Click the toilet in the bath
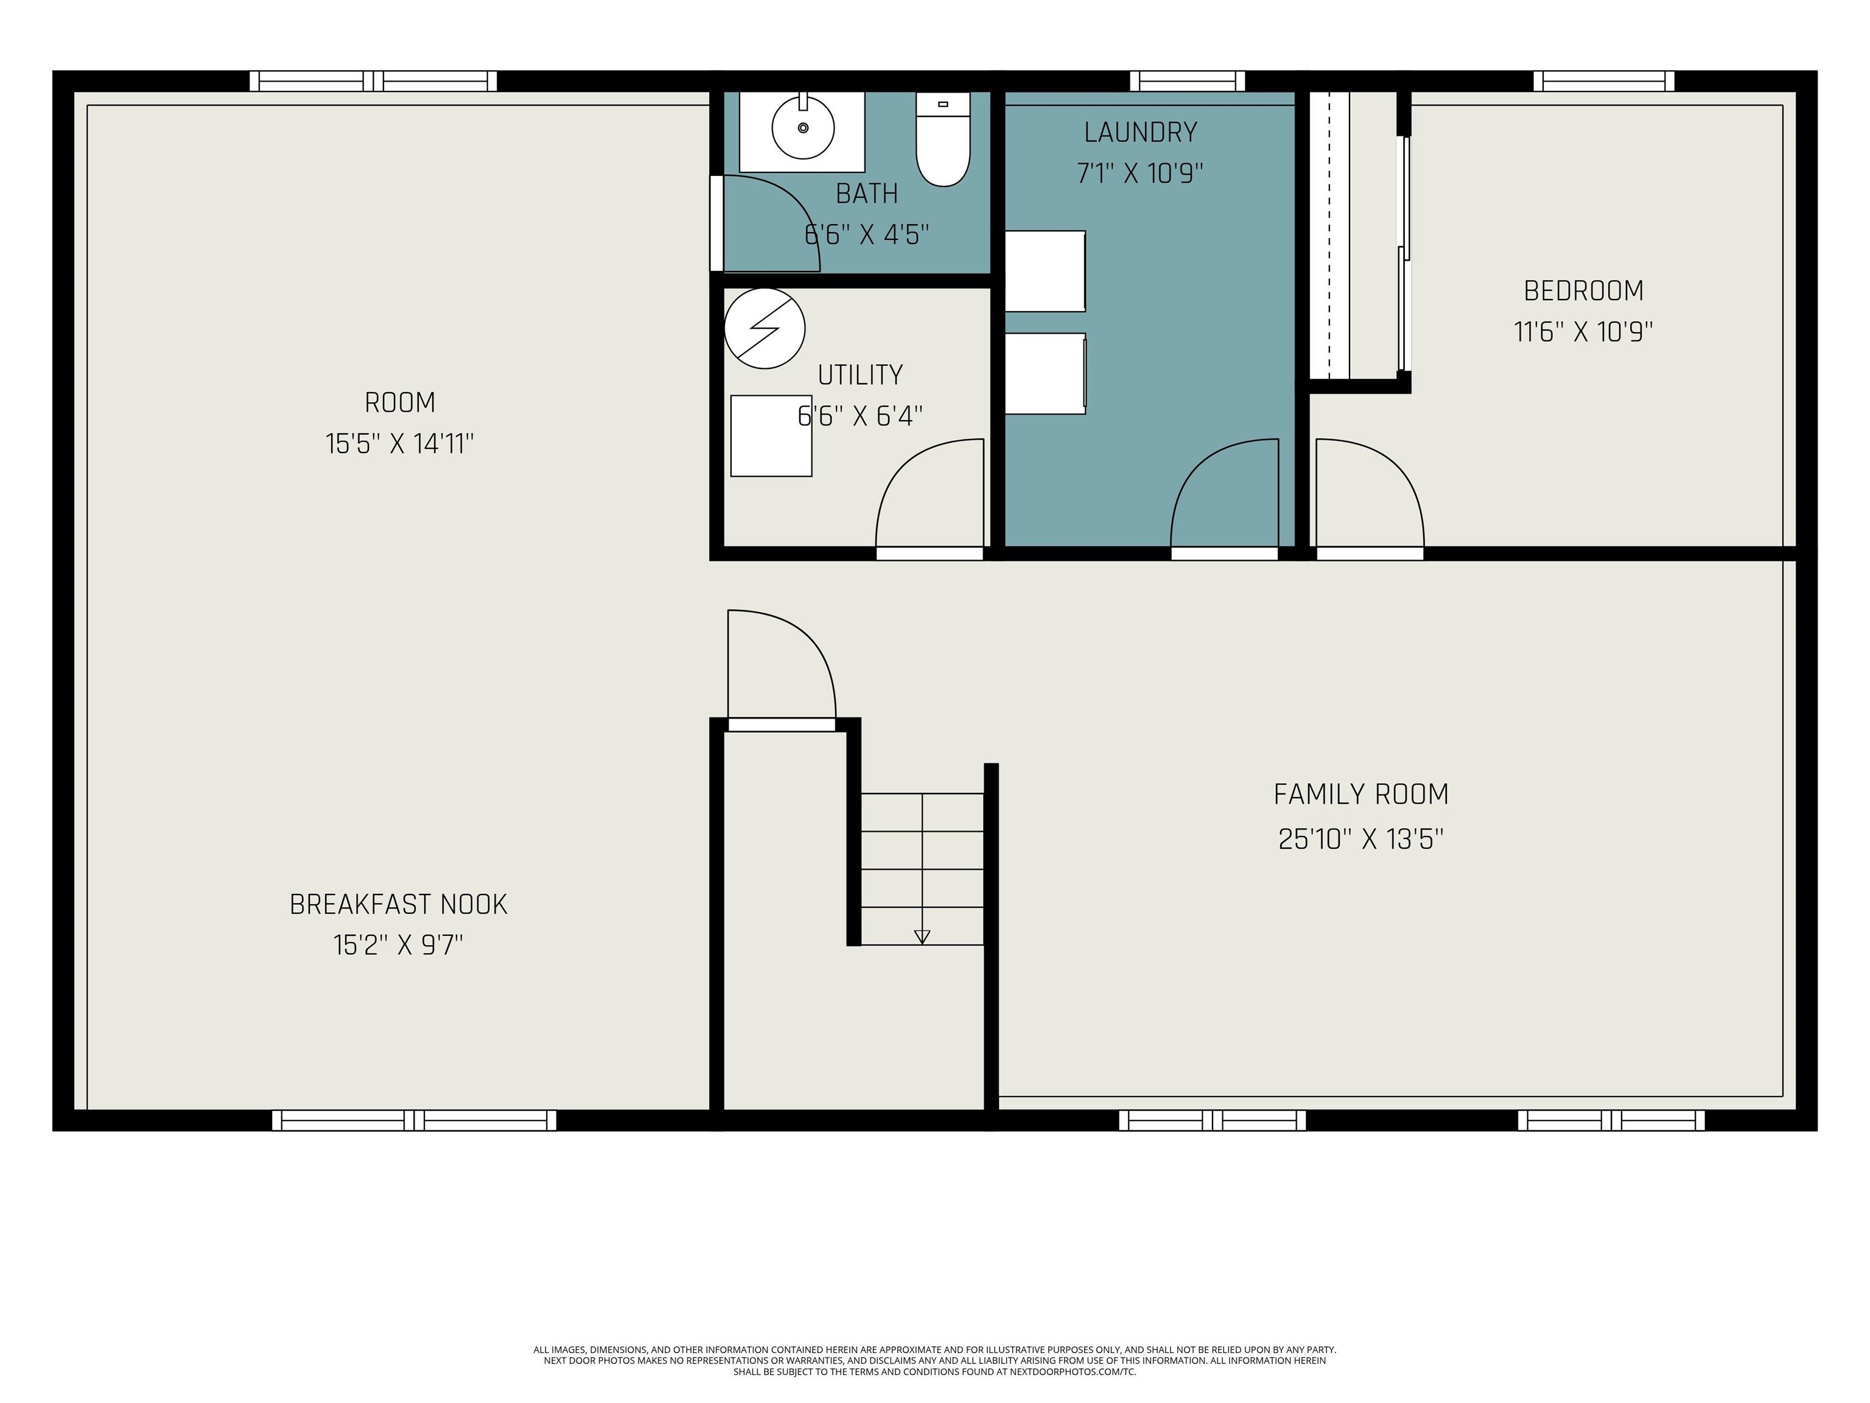(942, 141)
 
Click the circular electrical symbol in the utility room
(764, 328)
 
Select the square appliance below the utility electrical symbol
(771, 435)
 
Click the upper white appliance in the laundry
(1045, 270)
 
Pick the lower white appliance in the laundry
(1045, 374)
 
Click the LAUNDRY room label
(1140, 133)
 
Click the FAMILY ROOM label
(1361, 794)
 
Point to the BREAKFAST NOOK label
(398, 905)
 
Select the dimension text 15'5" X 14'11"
(399, 444)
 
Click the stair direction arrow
(922, 936)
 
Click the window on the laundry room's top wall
(1187, 81)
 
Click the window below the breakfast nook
(415, 1120)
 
